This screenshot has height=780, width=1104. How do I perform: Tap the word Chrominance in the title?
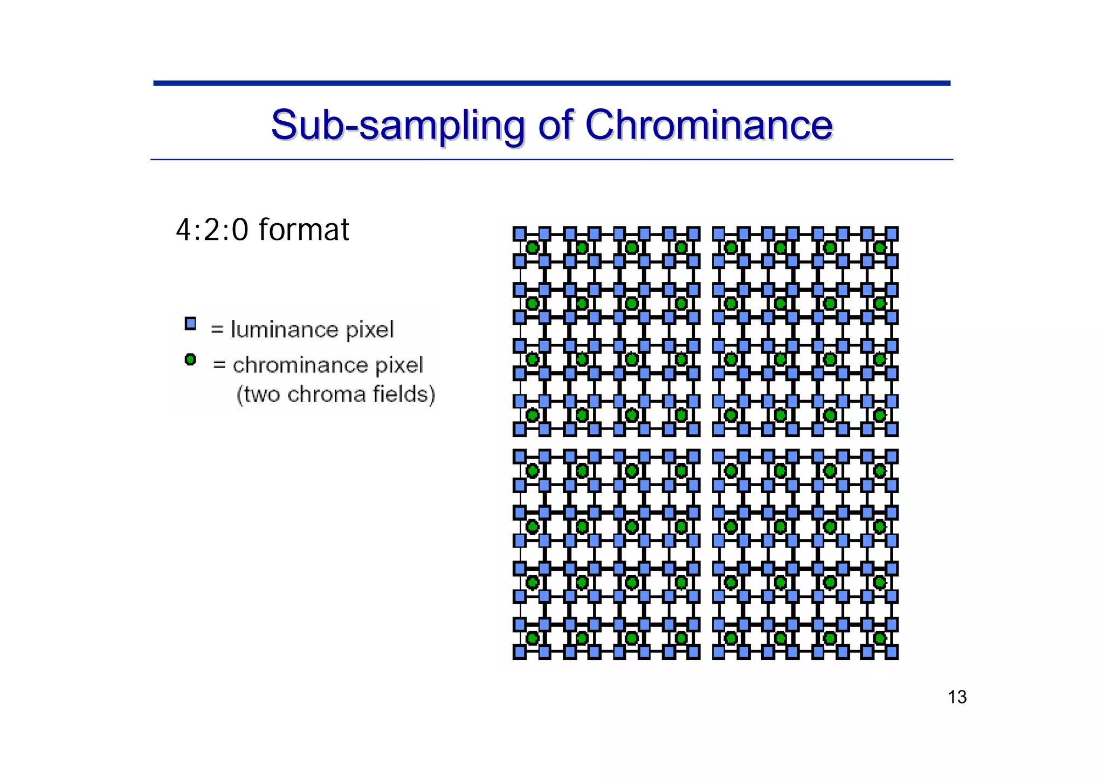coord(709,125)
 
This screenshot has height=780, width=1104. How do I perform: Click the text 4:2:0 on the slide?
coord(212,230)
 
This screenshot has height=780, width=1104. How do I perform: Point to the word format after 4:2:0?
coord(304,230)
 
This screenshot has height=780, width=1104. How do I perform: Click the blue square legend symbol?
coord(190,323)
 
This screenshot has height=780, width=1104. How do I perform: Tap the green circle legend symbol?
coord(190,359)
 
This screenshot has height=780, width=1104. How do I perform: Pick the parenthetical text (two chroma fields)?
coord(335,394)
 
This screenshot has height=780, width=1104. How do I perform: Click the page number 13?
coord(957,697)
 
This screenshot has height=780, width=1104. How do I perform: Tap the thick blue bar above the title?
coord(551,83)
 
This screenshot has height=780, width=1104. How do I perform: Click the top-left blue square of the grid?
coord(519,233)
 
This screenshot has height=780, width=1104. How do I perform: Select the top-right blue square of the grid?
coord(892,233)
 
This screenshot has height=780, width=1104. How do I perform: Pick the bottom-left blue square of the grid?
coord(519,652)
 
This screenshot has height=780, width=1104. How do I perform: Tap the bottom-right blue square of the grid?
coord(892,652)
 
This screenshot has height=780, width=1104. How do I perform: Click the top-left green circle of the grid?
coord(533,247)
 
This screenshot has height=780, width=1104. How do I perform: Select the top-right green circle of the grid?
coord(880,247)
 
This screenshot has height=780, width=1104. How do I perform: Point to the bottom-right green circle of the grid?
coord(880,638)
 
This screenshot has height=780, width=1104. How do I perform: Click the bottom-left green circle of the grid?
coord(533,638)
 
